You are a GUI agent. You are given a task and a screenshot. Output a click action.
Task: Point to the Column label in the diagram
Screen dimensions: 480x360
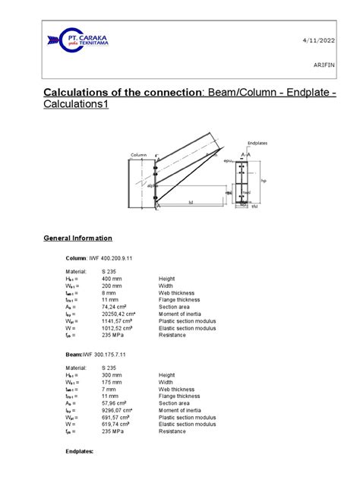[x=138, y=155]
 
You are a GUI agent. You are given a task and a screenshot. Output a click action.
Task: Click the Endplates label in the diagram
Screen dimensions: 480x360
[x=258, y=143]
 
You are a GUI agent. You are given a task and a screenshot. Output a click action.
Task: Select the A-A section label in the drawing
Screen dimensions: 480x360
[x=246, y=154]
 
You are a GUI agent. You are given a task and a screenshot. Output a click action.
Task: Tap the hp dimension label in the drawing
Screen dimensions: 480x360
[x=264, y=181]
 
